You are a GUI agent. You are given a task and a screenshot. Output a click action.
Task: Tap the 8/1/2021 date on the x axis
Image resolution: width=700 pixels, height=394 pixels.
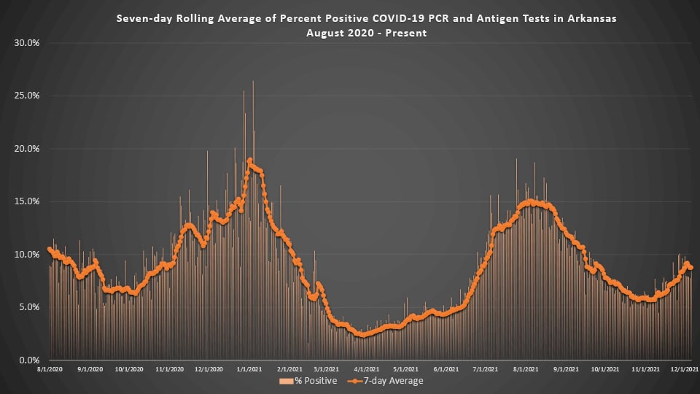[529, 370]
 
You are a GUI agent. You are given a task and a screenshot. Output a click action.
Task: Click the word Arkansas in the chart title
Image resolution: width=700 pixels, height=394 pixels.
[591, 19]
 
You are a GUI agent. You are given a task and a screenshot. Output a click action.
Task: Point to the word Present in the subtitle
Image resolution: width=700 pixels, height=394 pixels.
[409, 33]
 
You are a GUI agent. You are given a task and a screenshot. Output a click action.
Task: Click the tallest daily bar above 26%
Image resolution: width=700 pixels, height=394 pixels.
[253, 82]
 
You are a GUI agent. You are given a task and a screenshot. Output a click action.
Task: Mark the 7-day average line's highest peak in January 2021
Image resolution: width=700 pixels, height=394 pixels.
[250, 161]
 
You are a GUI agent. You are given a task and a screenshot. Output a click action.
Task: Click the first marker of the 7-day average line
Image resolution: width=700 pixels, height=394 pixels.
[50, 249]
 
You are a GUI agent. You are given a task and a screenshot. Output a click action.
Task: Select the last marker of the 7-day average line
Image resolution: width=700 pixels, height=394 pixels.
[691, 267]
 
